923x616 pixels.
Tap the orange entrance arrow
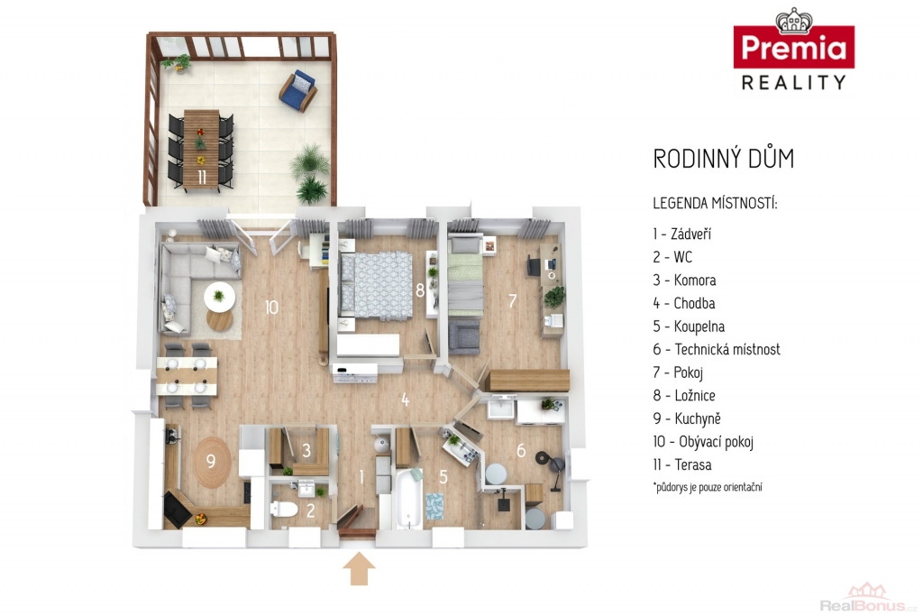359,569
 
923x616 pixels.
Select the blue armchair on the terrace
298,91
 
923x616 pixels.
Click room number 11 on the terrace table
202,177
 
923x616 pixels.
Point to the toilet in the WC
284,509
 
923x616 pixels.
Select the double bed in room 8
376,286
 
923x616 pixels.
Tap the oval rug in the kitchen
213,462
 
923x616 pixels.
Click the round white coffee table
220,298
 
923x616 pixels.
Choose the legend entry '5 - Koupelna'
689,326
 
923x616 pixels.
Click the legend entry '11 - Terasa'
682,464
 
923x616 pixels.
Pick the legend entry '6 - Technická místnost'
717,349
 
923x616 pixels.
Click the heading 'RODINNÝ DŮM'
724,159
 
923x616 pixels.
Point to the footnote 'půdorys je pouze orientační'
708,487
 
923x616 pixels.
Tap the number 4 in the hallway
405,400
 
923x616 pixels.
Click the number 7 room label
513,301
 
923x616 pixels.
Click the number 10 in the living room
271,307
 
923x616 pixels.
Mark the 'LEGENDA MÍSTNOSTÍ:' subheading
715,204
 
